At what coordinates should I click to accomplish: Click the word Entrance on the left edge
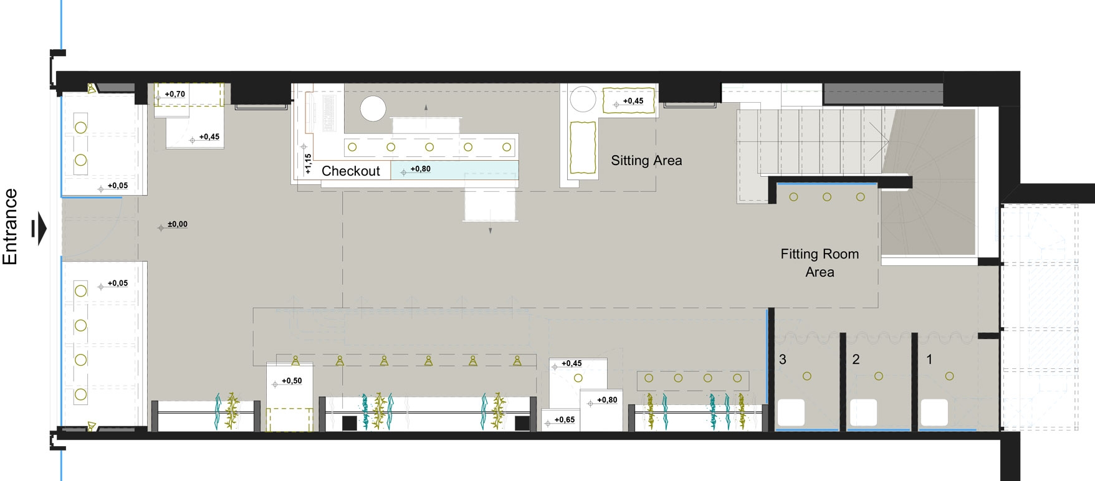tap(10, 227)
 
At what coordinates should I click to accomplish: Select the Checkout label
tap(351, 171)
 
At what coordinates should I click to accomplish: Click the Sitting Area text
tap(646, 161)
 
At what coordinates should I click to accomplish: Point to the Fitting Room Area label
tap(820, 263)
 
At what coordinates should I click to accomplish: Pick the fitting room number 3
tap(783, 360)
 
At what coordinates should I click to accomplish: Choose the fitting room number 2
tap(856, 360)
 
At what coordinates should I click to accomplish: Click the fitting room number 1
tap(929, 360)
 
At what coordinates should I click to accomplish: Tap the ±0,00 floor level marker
tap(178, 224)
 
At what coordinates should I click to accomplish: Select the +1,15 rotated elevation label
tap(308, 163)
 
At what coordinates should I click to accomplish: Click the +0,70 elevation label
tap(175, 94)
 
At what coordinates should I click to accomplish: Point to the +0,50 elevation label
tap(292, 381)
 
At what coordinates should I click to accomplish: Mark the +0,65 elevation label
tap(565, 420)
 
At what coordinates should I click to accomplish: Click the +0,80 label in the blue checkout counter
tap(421, 169)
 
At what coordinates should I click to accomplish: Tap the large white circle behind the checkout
tap(373, 109)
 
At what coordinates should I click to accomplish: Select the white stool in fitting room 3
tap(791, 412)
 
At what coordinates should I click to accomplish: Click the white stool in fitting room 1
tap(934, 412)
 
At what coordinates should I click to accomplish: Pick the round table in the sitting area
tap(583, 99)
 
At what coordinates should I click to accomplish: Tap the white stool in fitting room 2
tap(864, 412)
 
